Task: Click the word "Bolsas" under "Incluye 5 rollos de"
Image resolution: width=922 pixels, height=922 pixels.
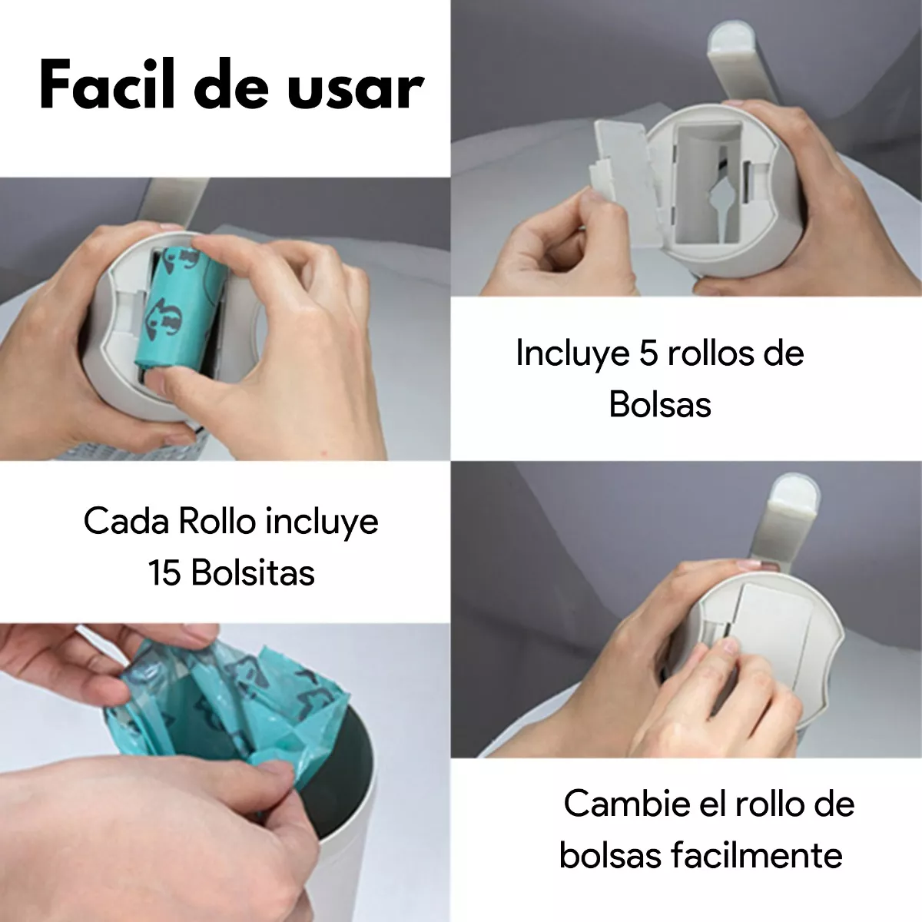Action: (x=660, y=405)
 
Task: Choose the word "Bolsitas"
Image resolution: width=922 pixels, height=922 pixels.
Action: (x=254, y=573)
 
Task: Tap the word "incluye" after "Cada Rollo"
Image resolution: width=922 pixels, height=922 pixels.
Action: (x=322, y=522)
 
